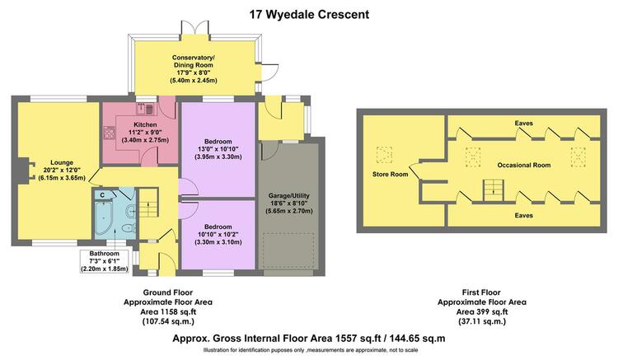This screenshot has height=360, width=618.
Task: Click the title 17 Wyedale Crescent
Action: (309, 15)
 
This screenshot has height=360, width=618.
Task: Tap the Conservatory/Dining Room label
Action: (193, 62)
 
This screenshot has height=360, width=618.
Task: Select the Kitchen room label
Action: (145, 124)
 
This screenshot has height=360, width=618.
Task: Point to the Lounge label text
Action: (62, 162)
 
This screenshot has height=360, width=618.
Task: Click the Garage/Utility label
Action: (289, 195)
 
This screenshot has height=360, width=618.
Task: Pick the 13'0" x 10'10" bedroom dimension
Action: (218, 149)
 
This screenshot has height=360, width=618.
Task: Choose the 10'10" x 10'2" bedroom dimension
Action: (218, 234)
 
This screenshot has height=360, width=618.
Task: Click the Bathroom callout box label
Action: (104, 253)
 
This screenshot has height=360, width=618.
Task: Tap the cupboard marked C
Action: (102, 194)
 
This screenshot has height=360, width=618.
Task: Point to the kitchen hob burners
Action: (109, 133)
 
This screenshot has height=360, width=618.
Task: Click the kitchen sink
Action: (146, 108)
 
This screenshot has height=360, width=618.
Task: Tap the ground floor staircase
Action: (149, 203)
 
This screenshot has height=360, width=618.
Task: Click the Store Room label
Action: (391, 174)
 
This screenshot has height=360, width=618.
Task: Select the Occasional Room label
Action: (524, 165)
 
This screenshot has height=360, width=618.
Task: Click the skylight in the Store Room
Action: (384, 154)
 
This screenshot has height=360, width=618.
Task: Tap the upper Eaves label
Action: (523, 124)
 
